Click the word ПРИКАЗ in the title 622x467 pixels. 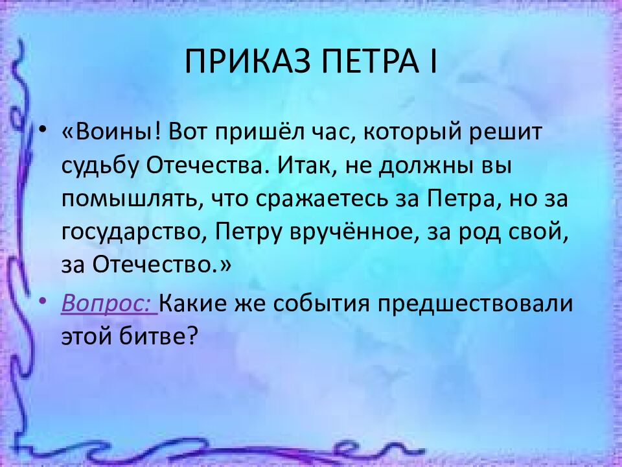point(247,62)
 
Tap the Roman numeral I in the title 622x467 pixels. point(433,62)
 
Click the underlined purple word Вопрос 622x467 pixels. point(109,304)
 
